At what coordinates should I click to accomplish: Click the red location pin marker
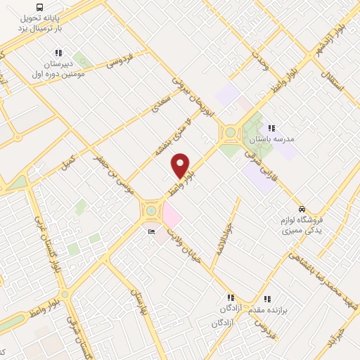tap(181, 165)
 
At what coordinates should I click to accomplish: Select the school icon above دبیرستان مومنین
tap(58, 53)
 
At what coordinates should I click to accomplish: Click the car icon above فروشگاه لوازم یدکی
tap(302, 209)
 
